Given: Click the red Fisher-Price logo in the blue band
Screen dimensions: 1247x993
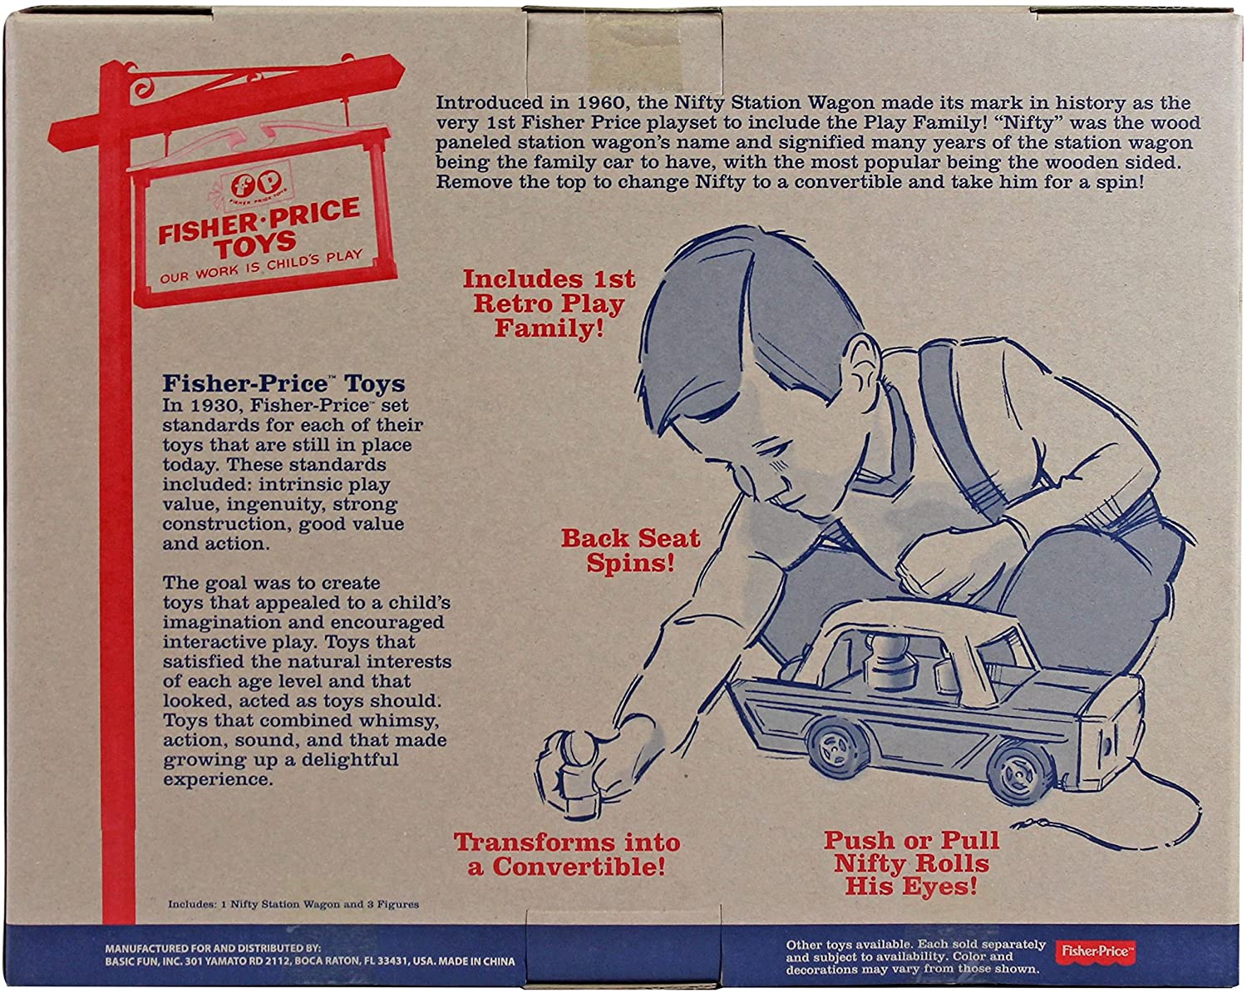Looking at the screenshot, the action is (1095, 952).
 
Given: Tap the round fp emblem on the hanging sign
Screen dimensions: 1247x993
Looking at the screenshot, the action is (255, 185).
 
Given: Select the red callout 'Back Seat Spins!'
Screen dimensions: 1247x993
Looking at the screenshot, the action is (630, 550).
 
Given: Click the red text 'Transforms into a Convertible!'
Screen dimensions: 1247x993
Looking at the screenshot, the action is (567, 854).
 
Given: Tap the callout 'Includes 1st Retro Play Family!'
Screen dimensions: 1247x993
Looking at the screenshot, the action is (549, 304).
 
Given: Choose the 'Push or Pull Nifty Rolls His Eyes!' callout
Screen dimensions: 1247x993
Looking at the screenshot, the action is (911, 863).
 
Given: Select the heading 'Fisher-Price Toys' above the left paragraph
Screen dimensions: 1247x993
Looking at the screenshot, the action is (283, 383).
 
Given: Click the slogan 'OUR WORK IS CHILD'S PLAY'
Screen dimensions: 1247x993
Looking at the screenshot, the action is (261, 267).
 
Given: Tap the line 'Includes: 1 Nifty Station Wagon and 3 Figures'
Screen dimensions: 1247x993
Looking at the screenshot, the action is (293, 904).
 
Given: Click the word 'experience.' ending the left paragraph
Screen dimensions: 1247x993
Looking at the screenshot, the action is (217, 779).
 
